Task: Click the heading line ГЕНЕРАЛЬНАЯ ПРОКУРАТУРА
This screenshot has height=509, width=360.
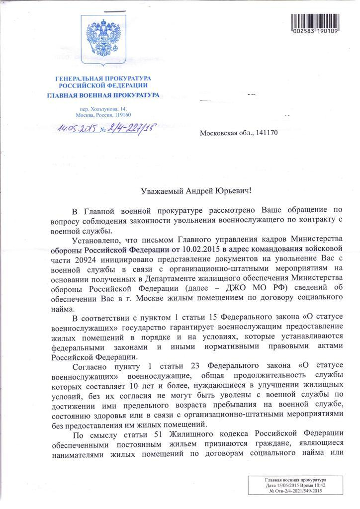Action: [103, 79]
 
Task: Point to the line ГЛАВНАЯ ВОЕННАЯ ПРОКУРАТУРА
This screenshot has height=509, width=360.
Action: [103, 94]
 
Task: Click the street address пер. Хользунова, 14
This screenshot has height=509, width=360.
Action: [103, 108]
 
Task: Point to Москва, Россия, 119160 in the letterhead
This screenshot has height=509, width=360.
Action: [103, 114]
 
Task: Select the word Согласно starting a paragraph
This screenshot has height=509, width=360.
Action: [89, 367]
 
